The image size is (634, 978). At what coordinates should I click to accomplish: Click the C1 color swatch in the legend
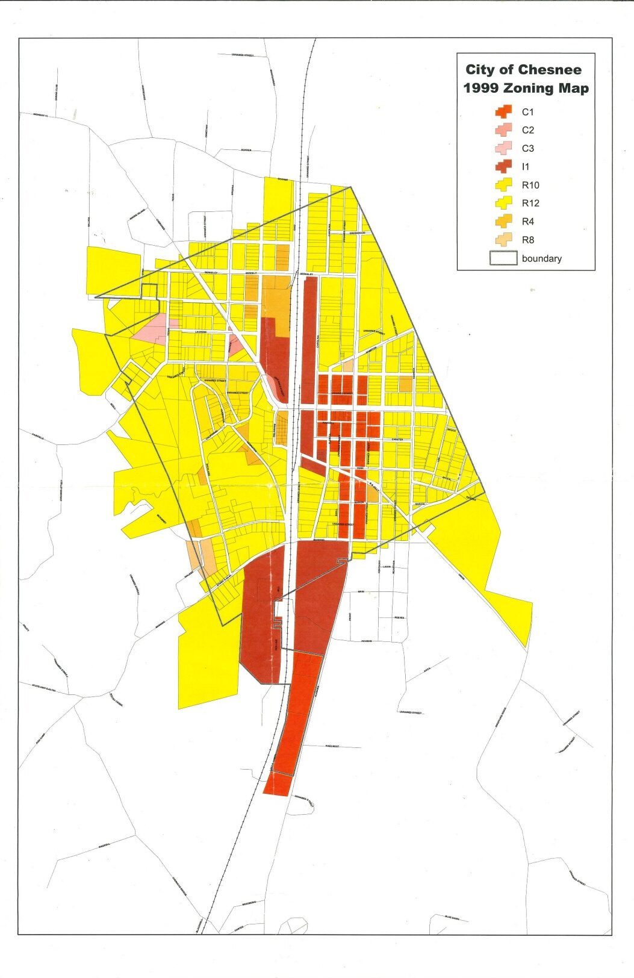[x=503, y=111]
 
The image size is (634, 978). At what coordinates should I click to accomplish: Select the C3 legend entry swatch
[x=503, y=148]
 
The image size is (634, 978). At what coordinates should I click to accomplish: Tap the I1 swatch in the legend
[x=503, y=166]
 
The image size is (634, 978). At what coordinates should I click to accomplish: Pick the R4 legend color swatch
[x=503, y=221]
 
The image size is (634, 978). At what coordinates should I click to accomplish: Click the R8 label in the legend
[x=527, y=240]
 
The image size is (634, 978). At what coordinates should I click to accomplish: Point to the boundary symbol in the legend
[x=503, y=258]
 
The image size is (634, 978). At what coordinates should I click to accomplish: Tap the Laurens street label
[x=200, y=332]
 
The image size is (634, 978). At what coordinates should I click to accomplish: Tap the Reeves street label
[x=399, y=618]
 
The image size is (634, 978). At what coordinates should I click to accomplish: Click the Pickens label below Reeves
[x=366, y=641]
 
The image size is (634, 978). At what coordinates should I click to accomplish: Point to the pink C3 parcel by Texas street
[x=151, y=329]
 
